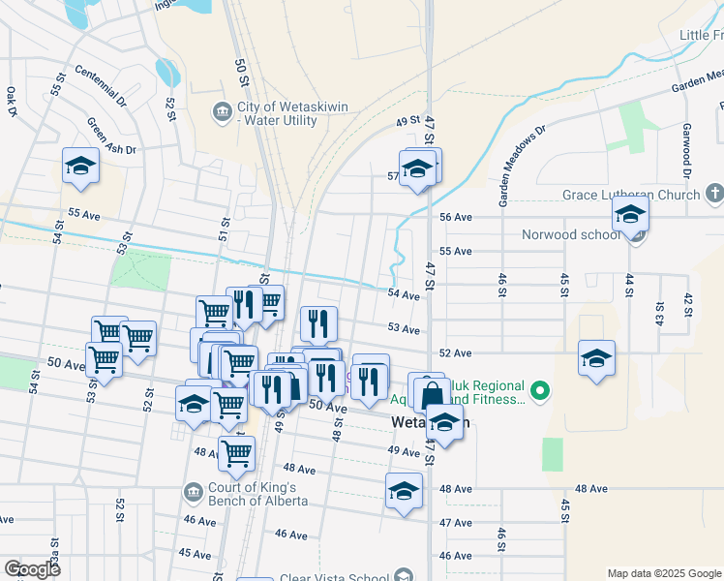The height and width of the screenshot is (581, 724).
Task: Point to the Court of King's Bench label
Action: tap(257, 494)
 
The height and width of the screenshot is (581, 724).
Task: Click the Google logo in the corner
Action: tap(32, 569)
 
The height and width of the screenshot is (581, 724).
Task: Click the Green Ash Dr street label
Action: tap(111, 137)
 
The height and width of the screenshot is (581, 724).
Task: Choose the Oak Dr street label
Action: tap(12, 101)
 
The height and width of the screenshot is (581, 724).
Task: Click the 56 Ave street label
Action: tap(455, 218)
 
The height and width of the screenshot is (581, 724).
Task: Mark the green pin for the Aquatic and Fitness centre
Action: tap(540, 392)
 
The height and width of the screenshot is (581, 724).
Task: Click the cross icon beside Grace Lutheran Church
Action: tap(714, 195)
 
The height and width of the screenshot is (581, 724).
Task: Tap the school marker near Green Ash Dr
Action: tap(81, 166)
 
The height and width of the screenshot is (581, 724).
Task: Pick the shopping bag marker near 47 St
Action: tap(432, 394)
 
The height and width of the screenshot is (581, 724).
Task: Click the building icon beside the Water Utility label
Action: tap(223, 113)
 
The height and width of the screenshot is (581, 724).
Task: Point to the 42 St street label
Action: tap(688, 303)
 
